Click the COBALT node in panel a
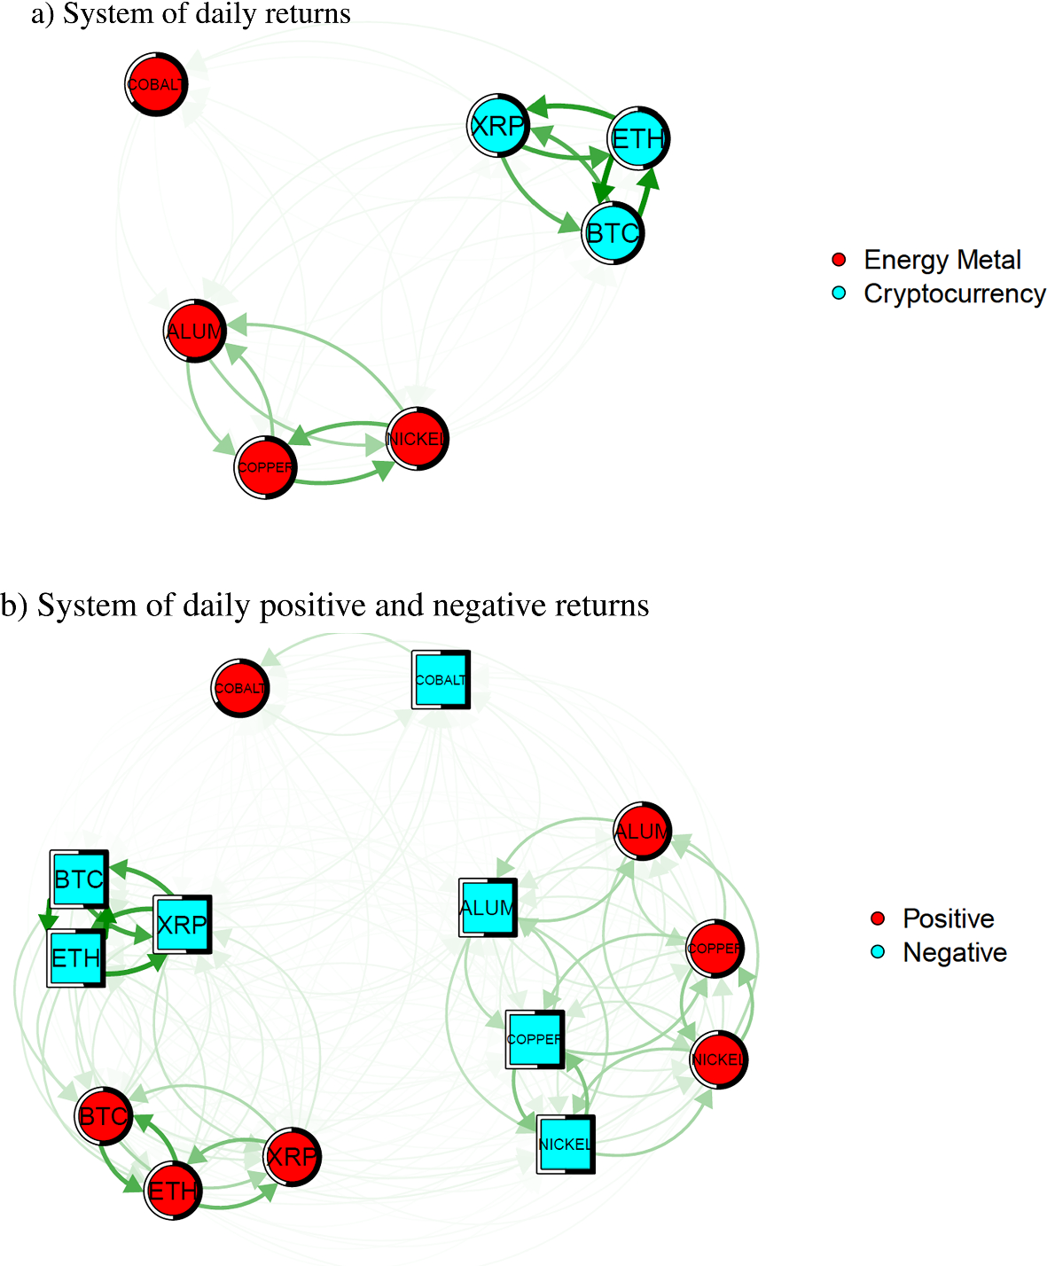[x=156, y=84]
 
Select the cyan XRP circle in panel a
[x=498, y=125]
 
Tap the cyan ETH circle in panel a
[x=638, y=138]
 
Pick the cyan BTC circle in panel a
[x=613, y=233]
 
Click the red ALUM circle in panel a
[x=195, y=332]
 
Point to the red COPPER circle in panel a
[x=265, y=467]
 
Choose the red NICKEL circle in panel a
[x=418, y=439]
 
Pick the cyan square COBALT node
[x=441, y=680]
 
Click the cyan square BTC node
[x=79, y=879]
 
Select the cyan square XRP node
[x=182, y=925]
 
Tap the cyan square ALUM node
[x=488, y=908]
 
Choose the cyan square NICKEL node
[x=566, y=1144]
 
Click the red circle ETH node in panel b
[x=173, y=1191]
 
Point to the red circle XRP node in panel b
[x=292, y=1156]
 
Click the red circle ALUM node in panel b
[x=643, y=832]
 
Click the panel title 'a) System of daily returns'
[x=191, y=14]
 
